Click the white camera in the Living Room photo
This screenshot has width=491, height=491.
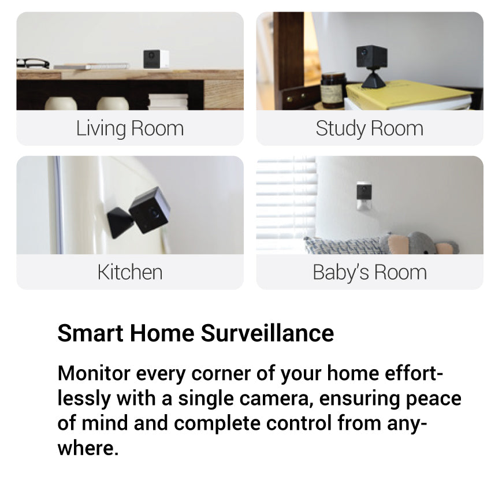(x=156, y=59)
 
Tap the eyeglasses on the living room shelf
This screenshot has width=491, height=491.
(x=32, y=64)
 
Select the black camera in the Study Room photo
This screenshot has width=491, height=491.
(x=371, y=57)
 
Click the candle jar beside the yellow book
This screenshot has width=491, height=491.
(x=333, y=90)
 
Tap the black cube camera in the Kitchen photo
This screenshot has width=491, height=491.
(x=150, y=210)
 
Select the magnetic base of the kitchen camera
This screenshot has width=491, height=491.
(x=120, y=222)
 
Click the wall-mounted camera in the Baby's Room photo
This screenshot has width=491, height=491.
(x=364, y=195)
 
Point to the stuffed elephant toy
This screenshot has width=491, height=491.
(x=419, y=243)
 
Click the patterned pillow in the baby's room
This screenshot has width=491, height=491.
(x=344, y=245)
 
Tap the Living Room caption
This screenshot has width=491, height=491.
(x=130, y=128)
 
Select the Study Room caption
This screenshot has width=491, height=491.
(x=370, y=128)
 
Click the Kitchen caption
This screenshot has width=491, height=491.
(x=130, y=272)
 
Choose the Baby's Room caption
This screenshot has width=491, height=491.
(x=370, y=272)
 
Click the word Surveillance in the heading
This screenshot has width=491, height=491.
(x=267, y=333)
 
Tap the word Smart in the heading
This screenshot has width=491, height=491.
(x=90, y=333)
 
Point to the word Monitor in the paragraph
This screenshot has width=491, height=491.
(x=94, y=373)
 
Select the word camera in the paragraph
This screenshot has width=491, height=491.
(x=277, y=399)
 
